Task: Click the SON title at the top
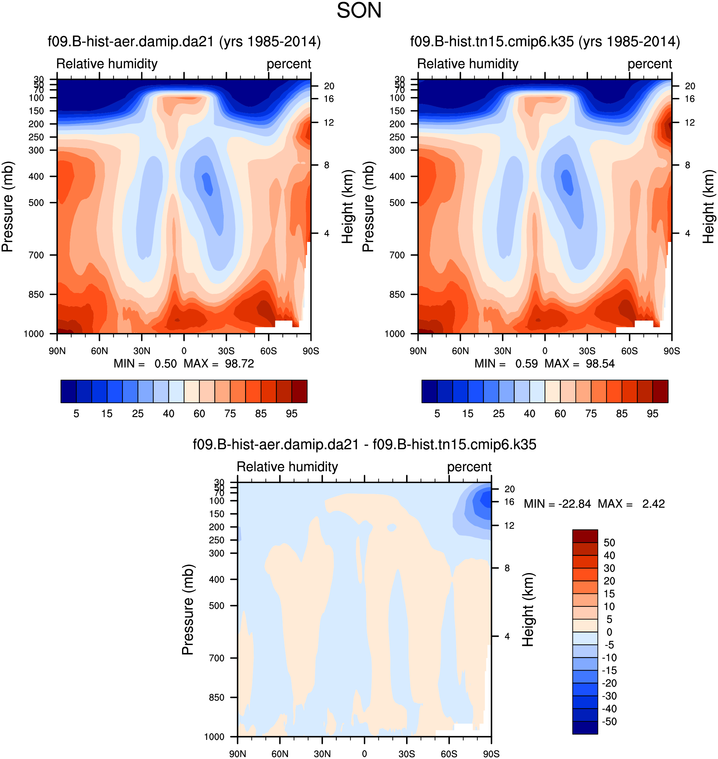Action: click(359, 11)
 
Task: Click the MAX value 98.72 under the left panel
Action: click(239, 363)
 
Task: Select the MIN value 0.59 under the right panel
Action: click(526, 363)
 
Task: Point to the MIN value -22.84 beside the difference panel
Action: click(574, 504)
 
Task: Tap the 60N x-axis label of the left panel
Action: click(100, 351)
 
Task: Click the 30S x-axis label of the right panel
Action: click(587, 351)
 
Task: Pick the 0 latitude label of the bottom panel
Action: click(364, 754)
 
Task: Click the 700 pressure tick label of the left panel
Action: click(36, 255)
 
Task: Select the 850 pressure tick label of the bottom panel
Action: click(217, 697)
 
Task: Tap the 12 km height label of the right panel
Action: click(690, 123)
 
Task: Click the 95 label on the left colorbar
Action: click(292, 414)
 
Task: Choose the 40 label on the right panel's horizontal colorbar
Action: click(529, 414)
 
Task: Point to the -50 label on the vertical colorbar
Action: click(609, 721)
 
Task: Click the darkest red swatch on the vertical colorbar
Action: click(585, 536)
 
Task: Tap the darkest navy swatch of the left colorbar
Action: click(68, 391)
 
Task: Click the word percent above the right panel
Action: click(650, 64)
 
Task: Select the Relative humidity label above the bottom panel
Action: click(287, 467)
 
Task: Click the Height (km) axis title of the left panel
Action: click(348, 207)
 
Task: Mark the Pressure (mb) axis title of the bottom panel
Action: click(188, 610)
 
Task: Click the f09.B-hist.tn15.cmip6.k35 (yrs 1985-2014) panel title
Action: click(545, 41)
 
